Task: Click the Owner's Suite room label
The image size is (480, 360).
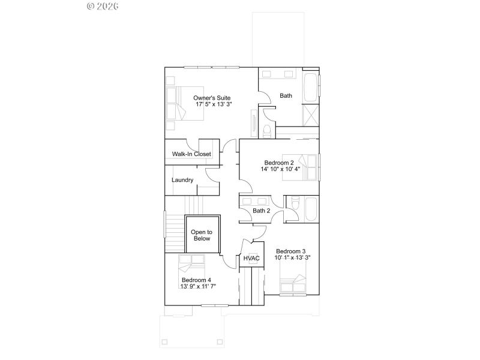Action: [212, 98]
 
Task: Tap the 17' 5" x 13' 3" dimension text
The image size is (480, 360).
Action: [214, 104]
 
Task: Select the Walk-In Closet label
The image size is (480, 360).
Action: [191, 154]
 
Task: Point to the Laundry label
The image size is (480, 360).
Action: [182, 180]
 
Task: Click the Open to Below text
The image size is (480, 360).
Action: [201, 235]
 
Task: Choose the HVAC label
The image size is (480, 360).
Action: [251, 259]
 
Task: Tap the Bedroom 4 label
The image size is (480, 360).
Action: [196, 280]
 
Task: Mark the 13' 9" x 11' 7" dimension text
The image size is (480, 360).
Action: [198, 286]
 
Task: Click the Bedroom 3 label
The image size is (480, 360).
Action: [291, 251]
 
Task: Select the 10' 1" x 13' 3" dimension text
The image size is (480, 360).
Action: [293, 257]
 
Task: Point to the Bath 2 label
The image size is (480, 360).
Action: [261, 211]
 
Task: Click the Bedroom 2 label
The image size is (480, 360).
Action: [279, 163]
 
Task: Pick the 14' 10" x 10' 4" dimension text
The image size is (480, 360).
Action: [280, 169]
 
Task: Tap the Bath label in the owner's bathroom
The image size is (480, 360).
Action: [286, 95]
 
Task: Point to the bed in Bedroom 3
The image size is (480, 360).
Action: [294, 283]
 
